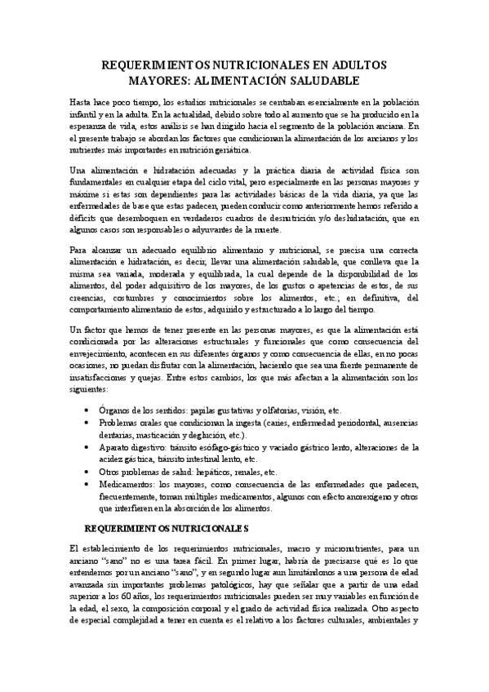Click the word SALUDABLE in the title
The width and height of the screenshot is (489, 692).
click(319, 81)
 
